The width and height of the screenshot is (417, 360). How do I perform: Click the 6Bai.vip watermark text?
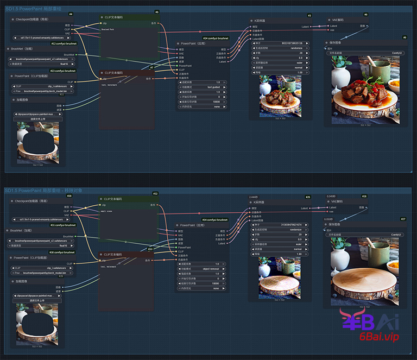point(379,337)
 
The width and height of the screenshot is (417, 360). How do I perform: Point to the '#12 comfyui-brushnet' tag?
point(64,43)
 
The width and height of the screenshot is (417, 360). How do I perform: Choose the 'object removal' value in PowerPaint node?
point(213,268)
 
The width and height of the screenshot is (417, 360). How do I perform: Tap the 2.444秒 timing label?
point(253,197)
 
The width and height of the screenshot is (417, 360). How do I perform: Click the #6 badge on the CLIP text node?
point(157,11)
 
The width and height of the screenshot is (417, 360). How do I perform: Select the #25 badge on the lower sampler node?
point(308,197)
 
